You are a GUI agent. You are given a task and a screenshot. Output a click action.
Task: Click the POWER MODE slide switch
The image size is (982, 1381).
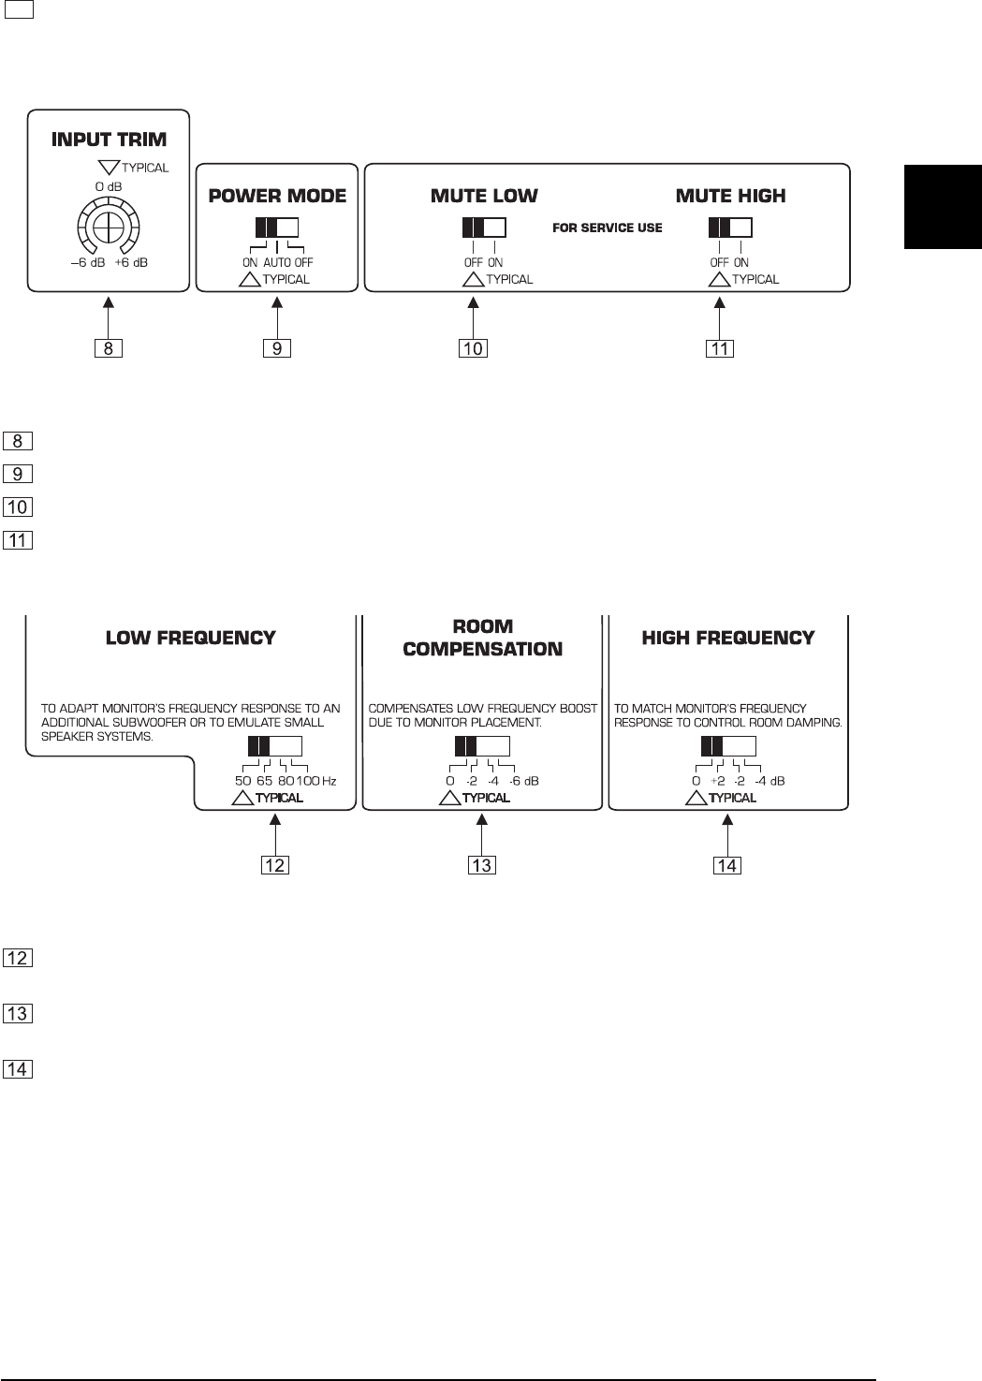[276, 228]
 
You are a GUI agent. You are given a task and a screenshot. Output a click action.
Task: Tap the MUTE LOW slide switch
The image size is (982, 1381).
[484, 228]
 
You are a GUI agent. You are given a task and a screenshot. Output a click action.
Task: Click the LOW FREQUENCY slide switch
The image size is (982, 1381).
[275, 746]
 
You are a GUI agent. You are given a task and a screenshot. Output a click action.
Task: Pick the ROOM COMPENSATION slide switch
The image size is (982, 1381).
[481, 746]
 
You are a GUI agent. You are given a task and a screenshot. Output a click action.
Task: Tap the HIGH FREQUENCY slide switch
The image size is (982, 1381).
[727, 746]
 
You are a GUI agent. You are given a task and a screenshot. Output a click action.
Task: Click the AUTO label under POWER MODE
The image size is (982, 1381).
[278, 263]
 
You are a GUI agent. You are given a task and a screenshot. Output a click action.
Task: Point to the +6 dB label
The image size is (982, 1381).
[131, 263]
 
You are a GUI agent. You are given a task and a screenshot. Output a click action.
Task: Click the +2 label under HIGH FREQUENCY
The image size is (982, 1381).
[718, 781]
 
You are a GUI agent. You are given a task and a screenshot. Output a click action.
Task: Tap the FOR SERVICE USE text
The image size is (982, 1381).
[608, 228]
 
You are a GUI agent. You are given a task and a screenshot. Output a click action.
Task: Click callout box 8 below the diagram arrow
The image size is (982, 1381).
[110, 348]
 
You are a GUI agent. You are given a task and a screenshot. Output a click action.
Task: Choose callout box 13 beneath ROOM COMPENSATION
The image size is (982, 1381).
[481, 865]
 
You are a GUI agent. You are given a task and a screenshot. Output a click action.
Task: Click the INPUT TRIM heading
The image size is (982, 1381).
[109, 140]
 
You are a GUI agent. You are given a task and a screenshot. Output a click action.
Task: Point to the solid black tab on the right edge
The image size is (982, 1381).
[943, 207]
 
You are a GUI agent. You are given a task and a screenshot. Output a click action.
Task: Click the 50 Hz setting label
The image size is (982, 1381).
[243, 781]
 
